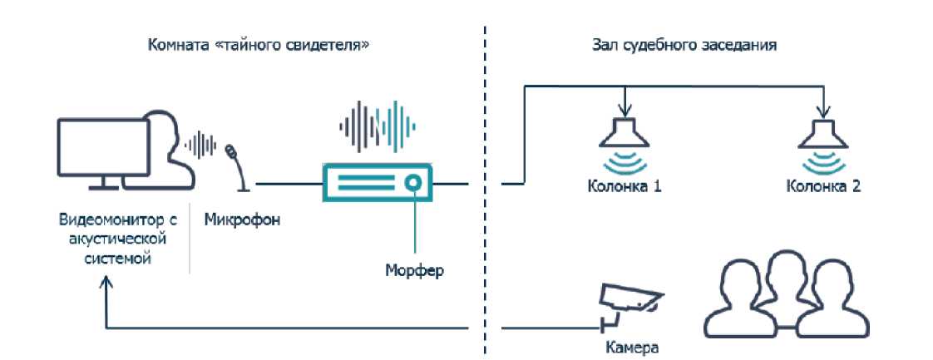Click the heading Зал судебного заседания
coord(678,44)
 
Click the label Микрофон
coord(242,221)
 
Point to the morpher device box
coord(375,182)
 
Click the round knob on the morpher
coord(411,182)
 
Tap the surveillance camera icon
coord(629,302)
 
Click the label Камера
coord(628,345)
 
